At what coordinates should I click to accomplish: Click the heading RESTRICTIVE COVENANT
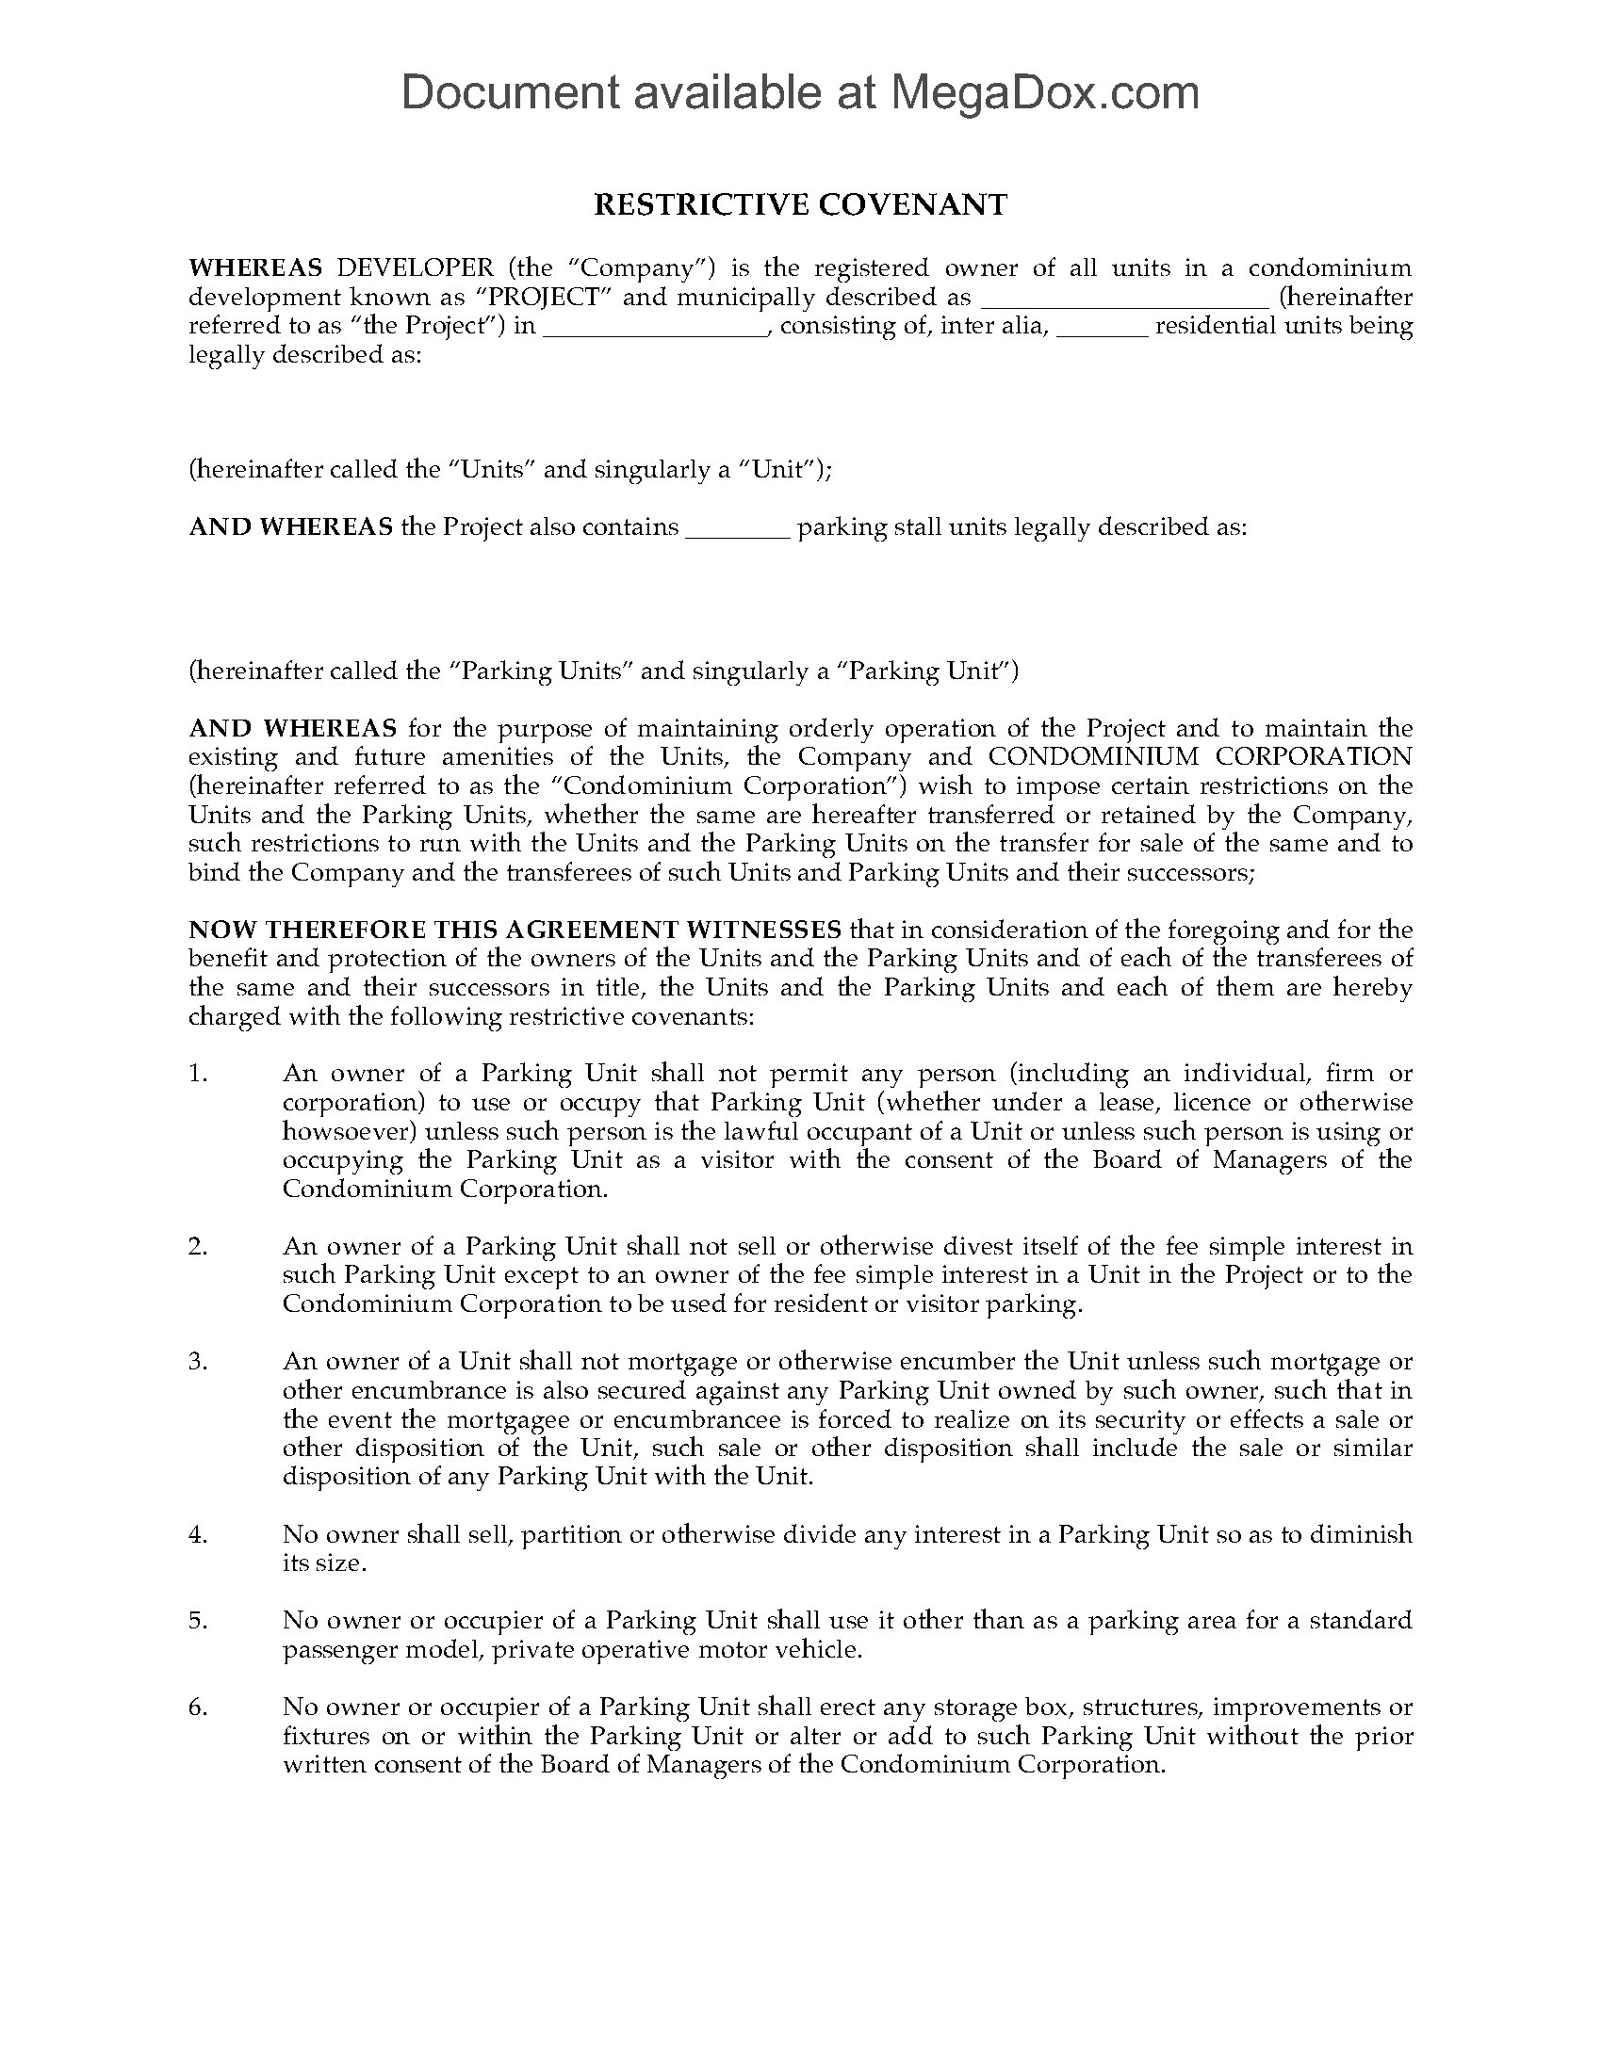click(800, 205)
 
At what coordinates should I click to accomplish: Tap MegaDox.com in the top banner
click(1044, 92)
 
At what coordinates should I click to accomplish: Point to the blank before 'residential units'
click(1102, 331)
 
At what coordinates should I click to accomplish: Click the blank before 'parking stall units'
click(738, 531)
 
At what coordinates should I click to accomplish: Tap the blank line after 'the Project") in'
click(656, 331)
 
